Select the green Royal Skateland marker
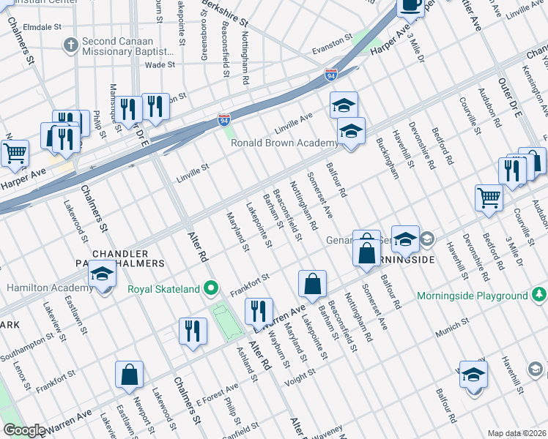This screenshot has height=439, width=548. (211, 289)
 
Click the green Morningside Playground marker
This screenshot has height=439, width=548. (539, 296)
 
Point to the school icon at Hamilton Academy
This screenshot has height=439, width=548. (102, 277)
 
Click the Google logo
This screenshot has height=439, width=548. (24, 430)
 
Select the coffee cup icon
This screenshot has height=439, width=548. (410, 6)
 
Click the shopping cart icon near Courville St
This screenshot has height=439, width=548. (489, 197)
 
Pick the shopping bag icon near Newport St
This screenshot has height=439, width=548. (129, 374)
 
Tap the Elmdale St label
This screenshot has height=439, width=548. (43, 26)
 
